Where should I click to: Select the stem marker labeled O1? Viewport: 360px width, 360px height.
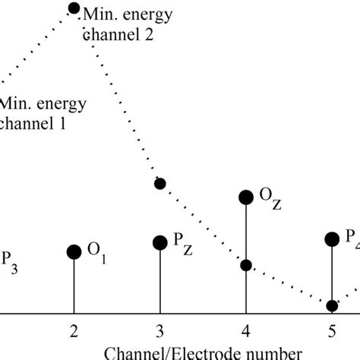click(x=74, y=252)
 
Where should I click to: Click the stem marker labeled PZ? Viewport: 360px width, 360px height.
click(x=159, y=242)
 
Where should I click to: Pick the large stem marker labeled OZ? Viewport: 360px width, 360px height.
click(x=246, y=197)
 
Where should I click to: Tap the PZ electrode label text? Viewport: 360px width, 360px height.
click(x=182, y=241)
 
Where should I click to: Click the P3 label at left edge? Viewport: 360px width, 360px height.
click(x=9, y=257)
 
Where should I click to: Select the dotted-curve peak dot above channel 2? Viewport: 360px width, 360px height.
click(x=74, y=8)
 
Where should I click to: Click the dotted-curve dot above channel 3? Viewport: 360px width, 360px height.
click(x=159, y=183)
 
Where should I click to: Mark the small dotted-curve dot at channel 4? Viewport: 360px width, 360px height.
click(x=246, y=265)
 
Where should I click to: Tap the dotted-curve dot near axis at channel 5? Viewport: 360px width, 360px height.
click(x=332, y=305)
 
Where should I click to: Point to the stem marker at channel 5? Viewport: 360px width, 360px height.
click(x=332, y=239)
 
